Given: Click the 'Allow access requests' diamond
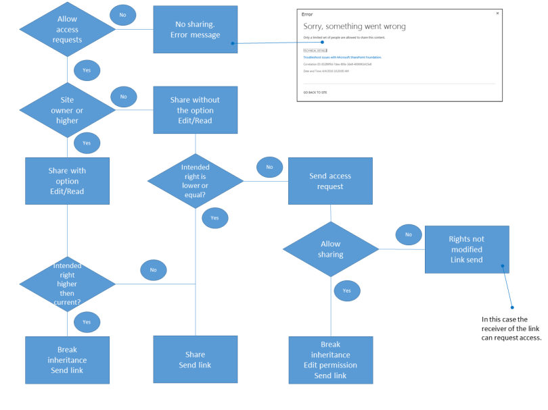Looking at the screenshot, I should (x=67, y=30).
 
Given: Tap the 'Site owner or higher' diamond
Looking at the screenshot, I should (x=67, y=111).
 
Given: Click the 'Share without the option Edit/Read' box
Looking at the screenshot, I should (x=195, y=110).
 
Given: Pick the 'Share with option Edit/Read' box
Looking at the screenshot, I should (x=67, y=181).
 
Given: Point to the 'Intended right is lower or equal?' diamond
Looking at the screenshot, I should (x=195, y=181).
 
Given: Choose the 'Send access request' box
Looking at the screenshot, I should (x=330, y=181).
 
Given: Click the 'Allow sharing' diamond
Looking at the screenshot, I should (x=330, y=249).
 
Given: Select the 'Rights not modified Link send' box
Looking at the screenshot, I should (x=466, y=249).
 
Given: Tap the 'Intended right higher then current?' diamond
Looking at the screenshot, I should (x=67, y=284).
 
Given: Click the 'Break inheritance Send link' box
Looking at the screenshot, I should (x=67, y=360).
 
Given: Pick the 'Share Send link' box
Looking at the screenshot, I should (x=195, y=359).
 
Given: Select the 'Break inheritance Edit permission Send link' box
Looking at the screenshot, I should (x=331, y=360).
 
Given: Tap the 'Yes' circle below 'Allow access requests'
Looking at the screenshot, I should (x=87, y=70).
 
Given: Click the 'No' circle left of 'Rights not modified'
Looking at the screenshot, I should (x=408, y=234).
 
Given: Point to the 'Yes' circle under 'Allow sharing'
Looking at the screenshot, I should (x=346, y=290).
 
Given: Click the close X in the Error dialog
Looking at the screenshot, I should (x=497, y=14).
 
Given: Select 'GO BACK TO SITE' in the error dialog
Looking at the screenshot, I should (x=315, y=91).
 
